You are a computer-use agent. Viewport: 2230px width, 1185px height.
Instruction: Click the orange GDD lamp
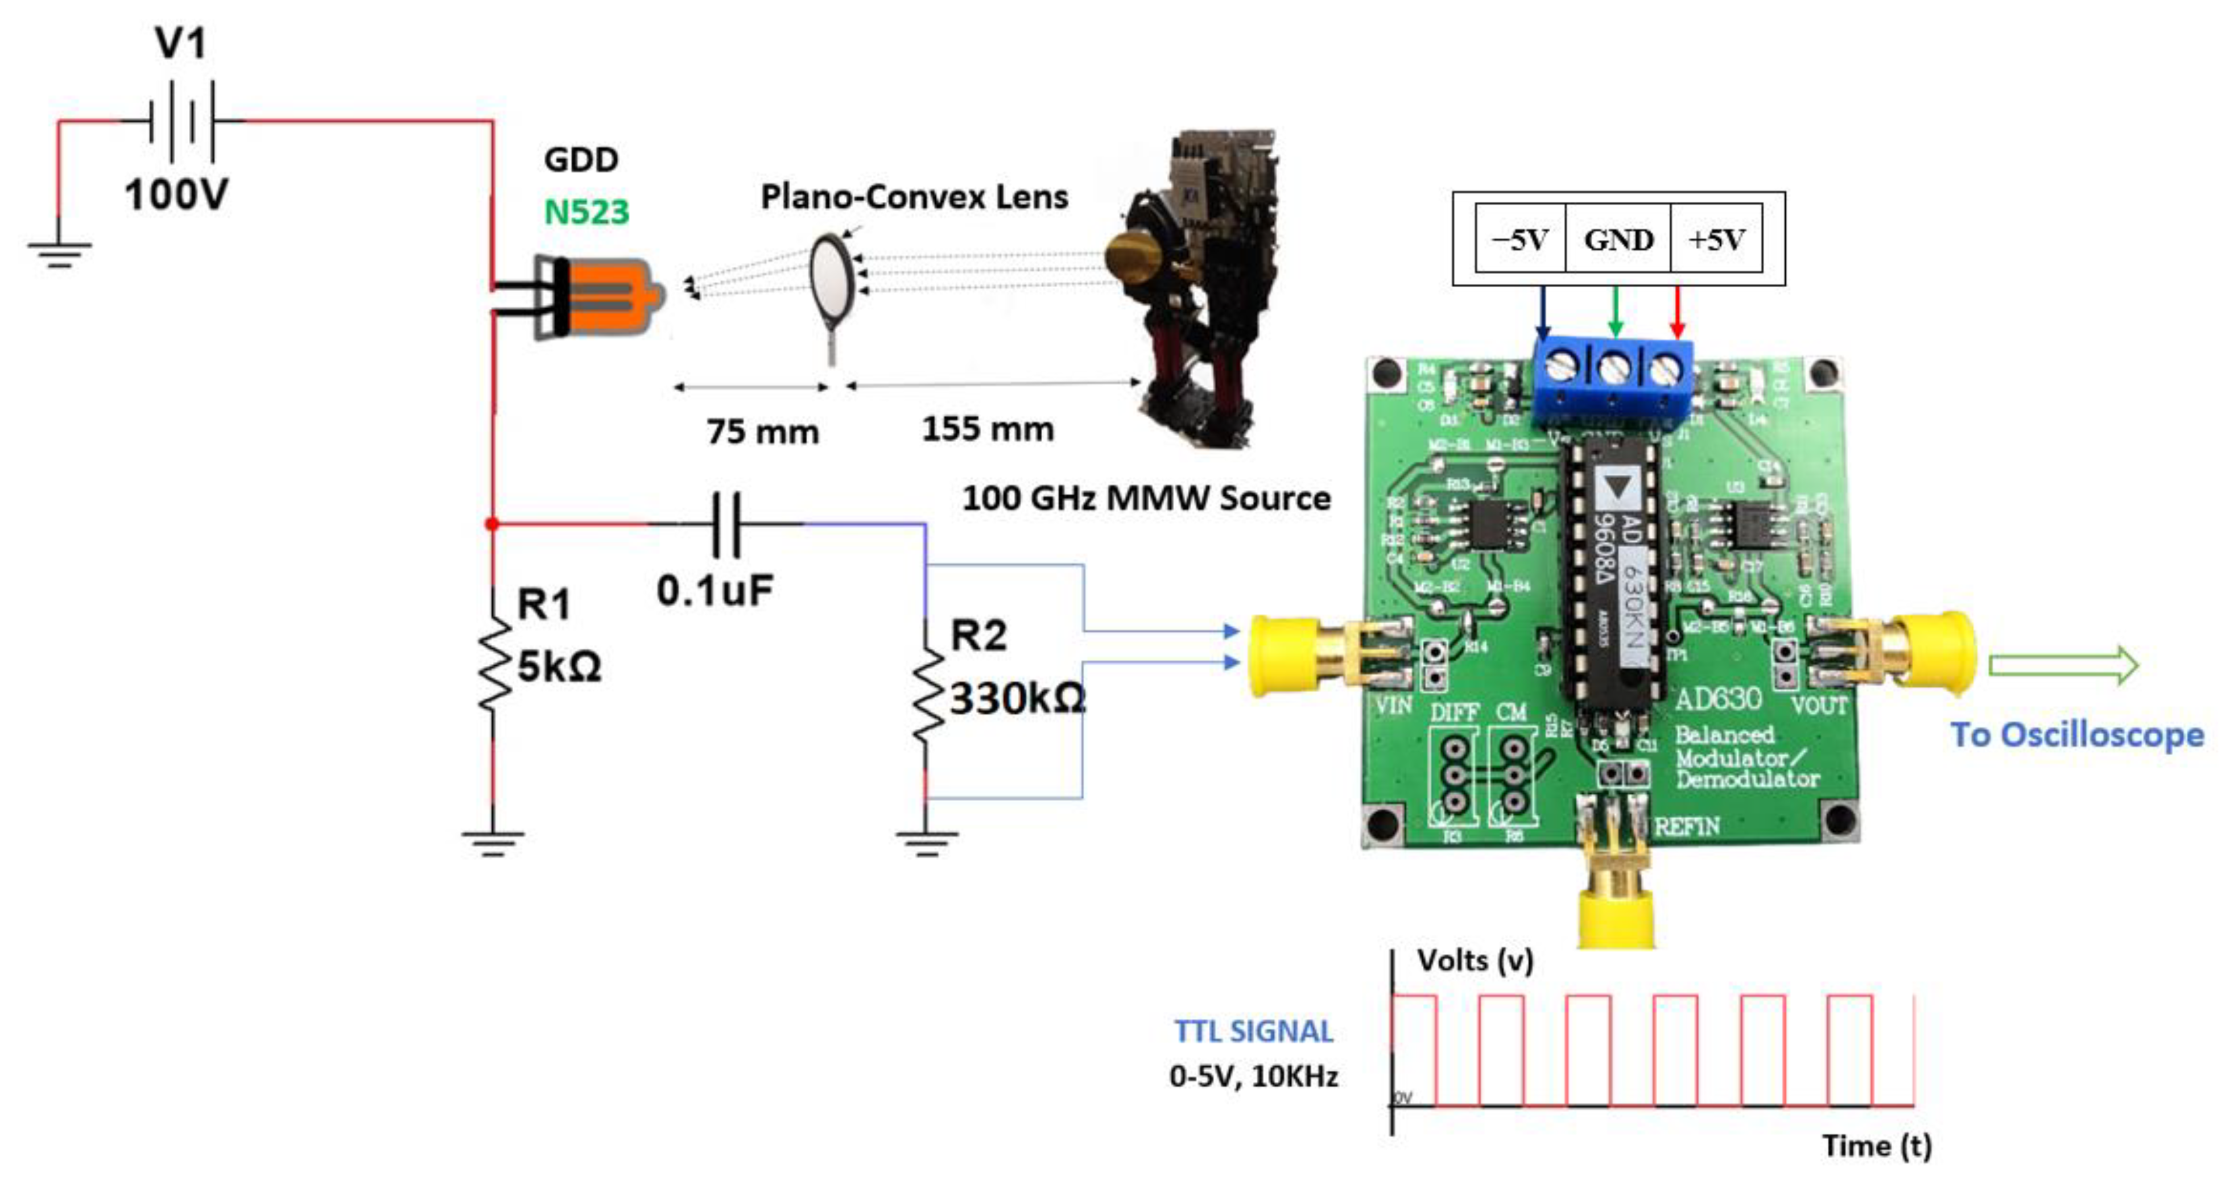tap(606, 297)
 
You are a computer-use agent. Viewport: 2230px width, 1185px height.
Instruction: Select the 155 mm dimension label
tap(988, 429)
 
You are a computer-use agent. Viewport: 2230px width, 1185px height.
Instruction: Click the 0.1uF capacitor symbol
tap(725, 524)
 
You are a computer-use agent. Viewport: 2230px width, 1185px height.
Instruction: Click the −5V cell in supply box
tap(1520, 239)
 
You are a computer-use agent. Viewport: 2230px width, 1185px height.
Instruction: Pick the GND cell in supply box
tap(1618, 239)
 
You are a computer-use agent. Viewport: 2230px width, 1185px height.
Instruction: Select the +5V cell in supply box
tap(1716, 239)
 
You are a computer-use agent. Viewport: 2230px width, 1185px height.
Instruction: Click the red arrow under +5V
tap(1677, 312)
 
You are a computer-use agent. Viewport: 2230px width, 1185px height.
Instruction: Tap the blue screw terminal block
tap(1612, 379)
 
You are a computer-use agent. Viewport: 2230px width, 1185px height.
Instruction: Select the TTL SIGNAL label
tap(1253, 1031)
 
